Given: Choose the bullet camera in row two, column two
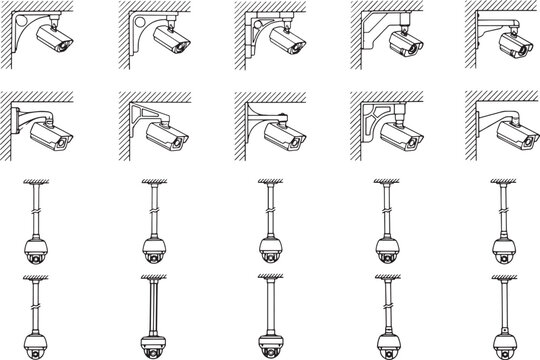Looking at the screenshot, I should click(x=165, y=138).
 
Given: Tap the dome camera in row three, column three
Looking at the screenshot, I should click(x=269, y=249).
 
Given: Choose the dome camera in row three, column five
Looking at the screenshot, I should click(x=503, y=249).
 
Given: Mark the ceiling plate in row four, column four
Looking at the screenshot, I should click(x=387, y=277).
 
